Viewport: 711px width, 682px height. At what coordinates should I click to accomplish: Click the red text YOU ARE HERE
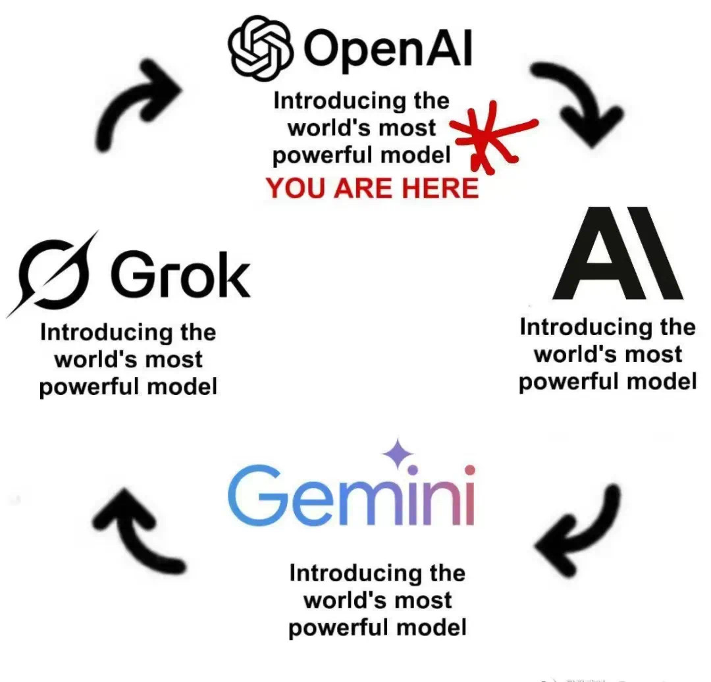coord(372,189)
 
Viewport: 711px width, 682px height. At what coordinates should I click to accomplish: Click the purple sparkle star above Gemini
coord(399,454)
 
